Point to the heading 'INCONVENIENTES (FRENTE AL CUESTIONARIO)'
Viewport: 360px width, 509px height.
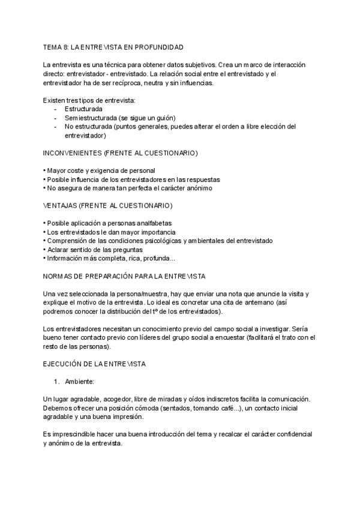pos(121,153)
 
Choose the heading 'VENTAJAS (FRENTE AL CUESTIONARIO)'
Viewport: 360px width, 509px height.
pos(108,206)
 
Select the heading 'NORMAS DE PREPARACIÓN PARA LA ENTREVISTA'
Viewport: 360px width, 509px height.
pos(124,276)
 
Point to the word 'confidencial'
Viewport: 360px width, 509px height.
pos(292,434)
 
